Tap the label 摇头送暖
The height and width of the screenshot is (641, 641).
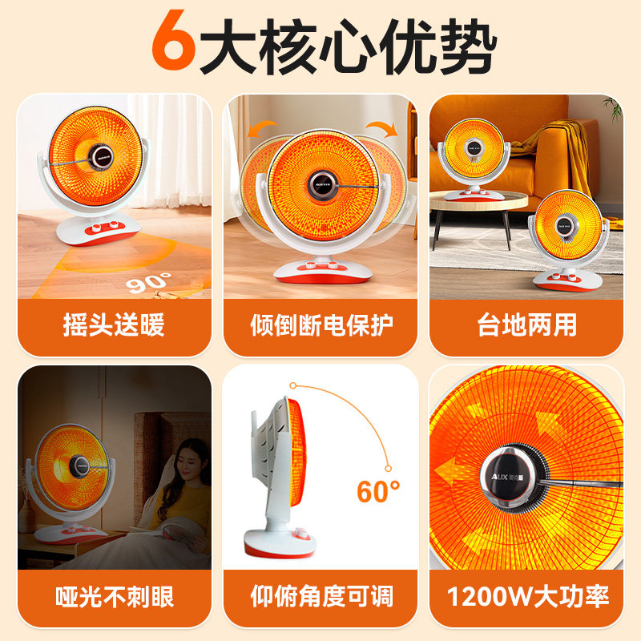(x=114, y=325)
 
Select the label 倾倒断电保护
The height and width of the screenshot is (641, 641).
(x=321, y=325)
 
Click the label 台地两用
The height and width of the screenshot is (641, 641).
(x=526, y=325)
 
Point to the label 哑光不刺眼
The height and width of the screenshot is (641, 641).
(x=115, y=597)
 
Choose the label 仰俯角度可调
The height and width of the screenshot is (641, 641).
(x=321, y=597)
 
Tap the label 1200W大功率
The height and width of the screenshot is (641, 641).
(x=527, y=597)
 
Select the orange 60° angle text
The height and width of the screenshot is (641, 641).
(x=377, y=490)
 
